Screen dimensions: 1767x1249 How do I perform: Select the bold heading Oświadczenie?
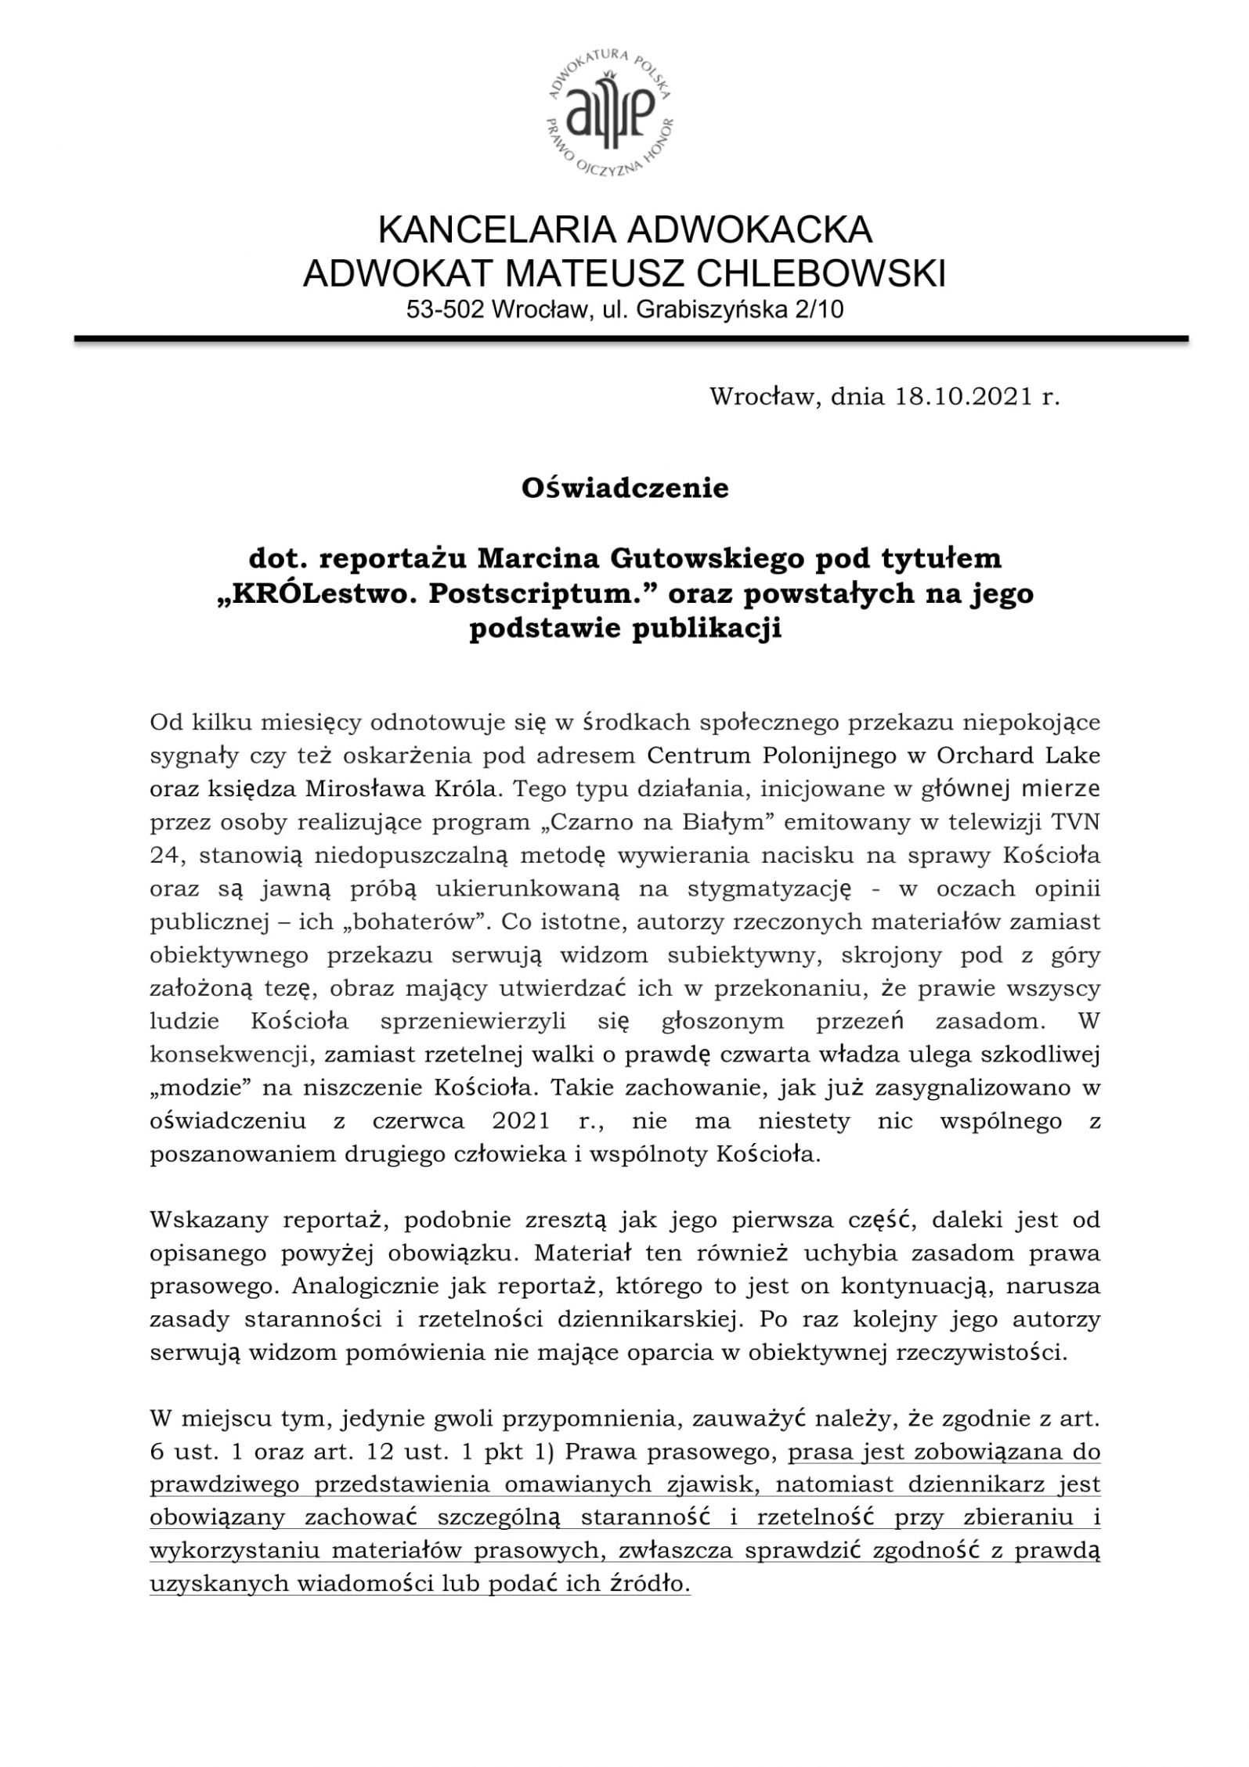625,489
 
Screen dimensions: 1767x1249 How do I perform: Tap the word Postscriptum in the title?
510,594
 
